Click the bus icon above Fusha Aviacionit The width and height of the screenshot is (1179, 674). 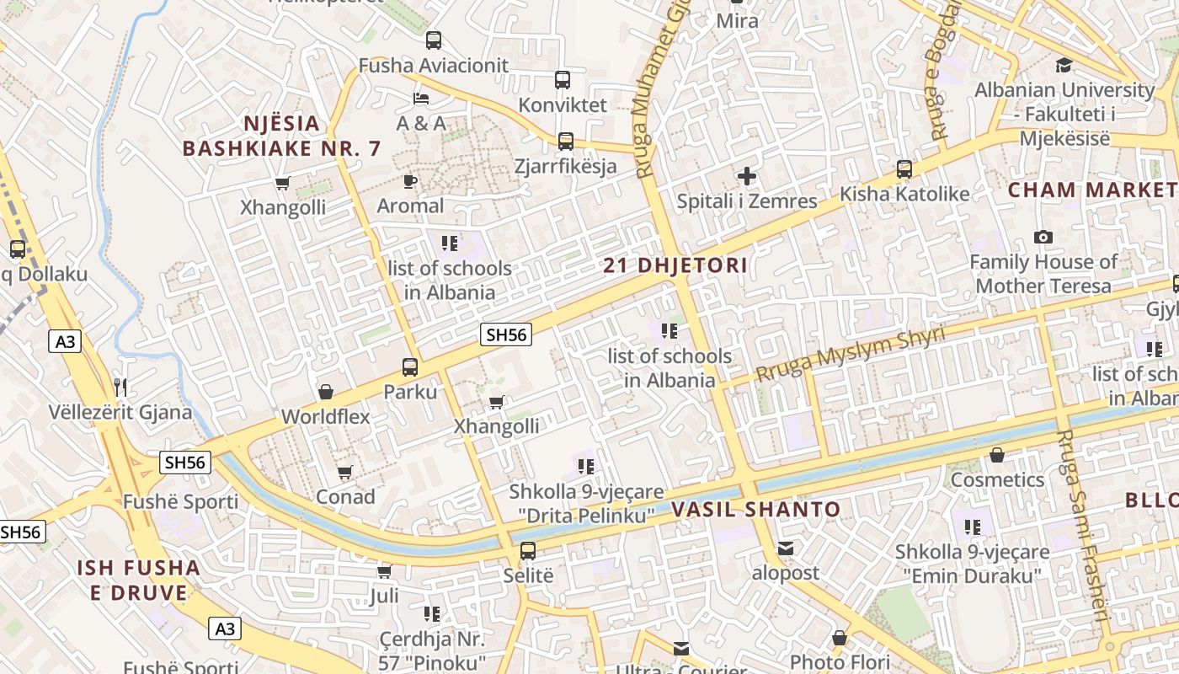pyautogui.click(x=434, y=40)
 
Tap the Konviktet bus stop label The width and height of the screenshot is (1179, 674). pyautogui.click(x=563, y=105)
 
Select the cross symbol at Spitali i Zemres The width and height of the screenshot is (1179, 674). pyautogui.click(x=747, y=176)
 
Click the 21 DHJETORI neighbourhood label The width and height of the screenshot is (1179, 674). pyautogui.click(x=675, y=265)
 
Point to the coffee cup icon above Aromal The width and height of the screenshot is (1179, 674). pyautogui.click(x=410, y=181)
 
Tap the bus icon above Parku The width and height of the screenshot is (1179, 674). pyautogui.click(x=410, y=367)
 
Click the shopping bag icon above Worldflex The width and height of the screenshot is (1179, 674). pyautogui.click(x=326, y=392)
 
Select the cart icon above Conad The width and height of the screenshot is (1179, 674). pyautogui.click(x=344, y=473)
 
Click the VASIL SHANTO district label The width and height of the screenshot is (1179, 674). pyautogui.click(x=755, y=509)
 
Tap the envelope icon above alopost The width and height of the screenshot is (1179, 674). pyautogui.click(x=786, y=548)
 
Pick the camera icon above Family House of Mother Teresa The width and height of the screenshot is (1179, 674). pyautogui.click(x=1043, y=238)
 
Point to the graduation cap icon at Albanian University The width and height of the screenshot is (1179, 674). pyautogui.click(x=1064, y=65)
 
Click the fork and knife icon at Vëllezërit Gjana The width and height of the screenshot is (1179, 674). pyautogui.click(x=120, y=388)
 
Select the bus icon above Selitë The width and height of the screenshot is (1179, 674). pyautogui.click(x=528, y=551)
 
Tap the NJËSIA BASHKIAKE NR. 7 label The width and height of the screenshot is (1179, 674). pyautogui.click(x=282, y=136)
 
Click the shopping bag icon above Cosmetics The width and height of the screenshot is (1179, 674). pyautogui.click(x=997, y=455)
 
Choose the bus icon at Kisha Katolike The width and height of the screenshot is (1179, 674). pyautogui.click(x=904, y=169)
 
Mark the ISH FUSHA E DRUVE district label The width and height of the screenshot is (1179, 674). pyautogui.click(x=139, y=580)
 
